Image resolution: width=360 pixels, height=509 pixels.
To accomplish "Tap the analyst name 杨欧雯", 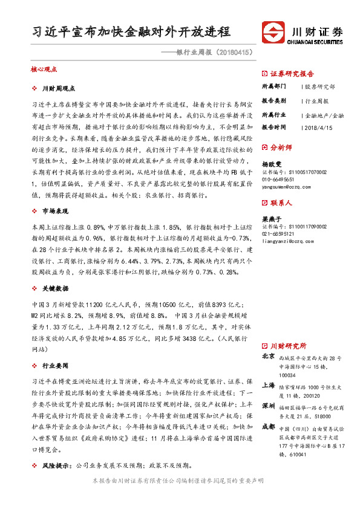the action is (x=272, y=164).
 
